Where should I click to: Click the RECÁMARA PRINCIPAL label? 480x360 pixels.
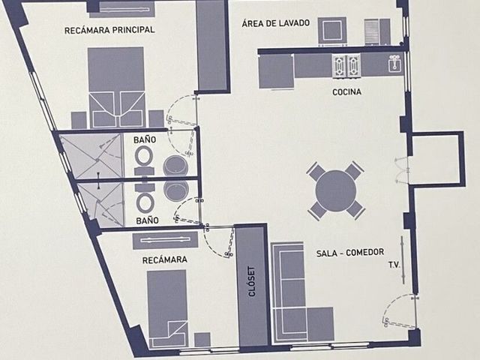109,30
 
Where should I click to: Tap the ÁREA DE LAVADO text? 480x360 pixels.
275,23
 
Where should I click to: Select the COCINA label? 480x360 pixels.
346,91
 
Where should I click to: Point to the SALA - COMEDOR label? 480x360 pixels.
350,253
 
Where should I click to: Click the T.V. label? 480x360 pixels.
394,265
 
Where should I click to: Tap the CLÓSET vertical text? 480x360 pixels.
252,282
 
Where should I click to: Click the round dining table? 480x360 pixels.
336,190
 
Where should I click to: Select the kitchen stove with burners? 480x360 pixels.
346,66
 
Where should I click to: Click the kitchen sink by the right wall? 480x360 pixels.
395,64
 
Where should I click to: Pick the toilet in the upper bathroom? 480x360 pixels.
144,160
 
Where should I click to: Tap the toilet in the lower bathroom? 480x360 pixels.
145,198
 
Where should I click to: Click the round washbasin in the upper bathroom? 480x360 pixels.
175,166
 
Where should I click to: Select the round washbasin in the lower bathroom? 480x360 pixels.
176,190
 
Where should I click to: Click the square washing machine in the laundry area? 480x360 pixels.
332,30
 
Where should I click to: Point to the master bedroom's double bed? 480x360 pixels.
116,88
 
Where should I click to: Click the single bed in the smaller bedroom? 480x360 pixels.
167,308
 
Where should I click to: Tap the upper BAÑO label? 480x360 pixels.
145,140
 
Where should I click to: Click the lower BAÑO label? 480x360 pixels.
147,220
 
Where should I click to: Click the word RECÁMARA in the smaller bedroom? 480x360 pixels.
165,260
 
